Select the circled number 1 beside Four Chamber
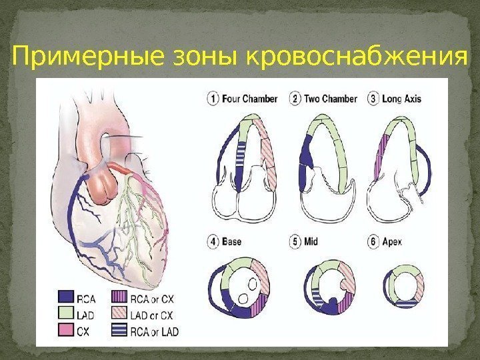213,99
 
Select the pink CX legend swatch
65,330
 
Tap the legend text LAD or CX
155,315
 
